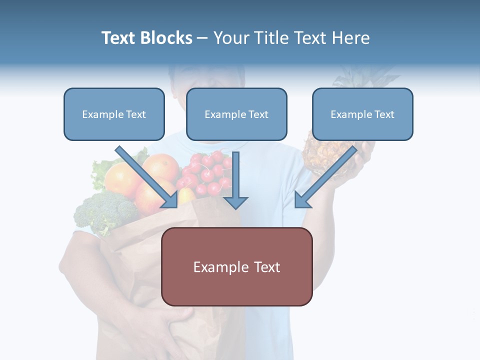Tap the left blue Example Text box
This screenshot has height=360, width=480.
(114, 114)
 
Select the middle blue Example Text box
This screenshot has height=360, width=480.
(236, 114)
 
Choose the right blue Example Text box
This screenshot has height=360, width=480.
(362, 114)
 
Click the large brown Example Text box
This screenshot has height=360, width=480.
(237, 267)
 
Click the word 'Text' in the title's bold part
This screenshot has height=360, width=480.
(119, 38)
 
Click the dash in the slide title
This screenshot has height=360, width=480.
(202, 38)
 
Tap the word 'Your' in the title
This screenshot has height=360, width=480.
(230, 38)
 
